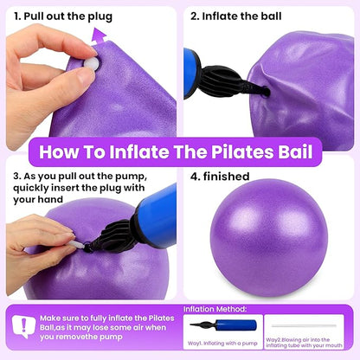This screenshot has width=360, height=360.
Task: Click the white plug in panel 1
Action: tap(92, 63)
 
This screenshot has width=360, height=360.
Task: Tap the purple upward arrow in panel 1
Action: tap(99, 36)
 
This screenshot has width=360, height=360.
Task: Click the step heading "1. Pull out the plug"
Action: tap(63, 16)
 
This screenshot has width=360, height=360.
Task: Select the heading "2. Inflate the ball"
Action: tap(235, 16)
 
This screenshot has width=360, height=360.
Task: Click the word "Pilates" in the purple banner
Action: tap(241, 151)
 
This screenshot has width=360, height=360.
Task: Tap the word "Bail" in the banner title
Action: tap(295, 151)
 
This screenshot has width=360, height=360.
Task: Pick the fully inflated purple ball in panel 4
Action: tap(269, 238)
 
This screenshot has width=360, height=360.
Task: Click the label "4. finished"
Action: tap(220, 177)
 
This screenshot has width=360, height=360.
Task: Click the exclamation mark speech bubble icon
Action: tap(24, 327)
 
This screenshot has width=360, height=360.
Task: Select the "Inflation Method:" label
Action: tap(215, 309)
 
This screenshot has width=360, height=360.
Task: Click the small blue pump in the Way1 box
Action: tap(223, 325)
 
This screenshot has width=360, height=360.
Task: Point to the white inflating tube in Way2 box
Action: tap(304, 326)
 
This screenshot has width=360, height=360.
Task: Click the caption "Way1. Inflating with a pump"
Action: tap(222, 344)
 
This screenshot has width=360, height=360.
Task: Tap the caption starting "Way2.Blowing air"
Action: tap(304, 343)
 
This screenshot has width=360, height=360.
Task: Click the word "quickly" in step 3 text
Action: tap(31, 189)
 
